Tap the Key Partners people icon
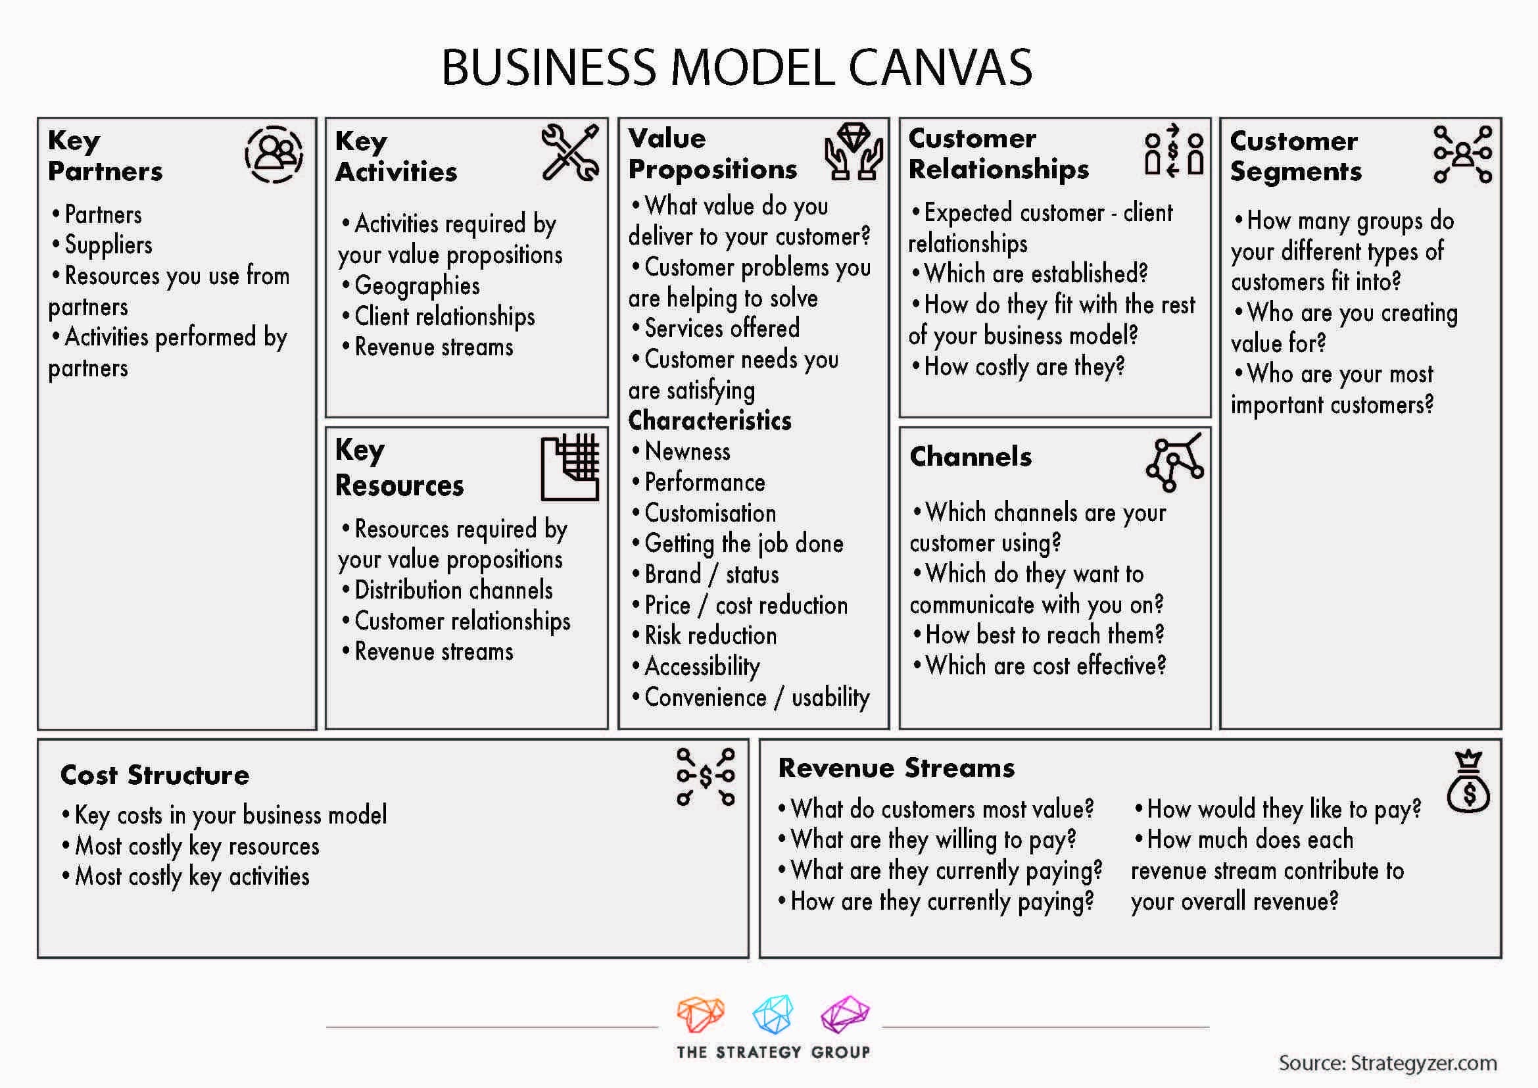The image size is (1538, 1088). pyautogui.click(x=274, y=154)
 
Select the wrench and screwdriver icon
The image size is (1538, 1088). pyautogui.click(x=571, y=153)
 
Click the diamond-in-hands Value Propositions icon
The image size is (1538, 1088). pyautogui.click(x=853, y=151)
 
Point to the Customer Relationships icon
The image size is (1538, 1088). pyautogui.click(x=1174, y=150)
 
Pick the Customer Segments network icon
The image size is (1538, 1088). pyautogui.click(x=1463, y=154)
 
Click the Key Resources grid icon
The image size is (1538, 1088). pyautogui.click(x=570, y=467)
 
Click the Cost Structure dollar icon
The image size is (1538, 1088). pyautogui.click(x=706, y=777)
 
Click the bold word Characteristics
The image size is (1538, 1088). pyautogui.click(x=710, y=421)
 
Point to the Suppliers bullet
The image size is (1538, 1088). pyautogui.click(x=103, y=245)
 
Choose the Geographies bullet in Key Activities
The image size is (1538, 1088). pyautogui.click(x=410, y=286)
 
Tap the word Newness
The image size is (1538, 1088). pyautogui.click(x=687, y=451)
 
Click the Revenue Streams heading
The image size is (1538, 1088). pyautogui.click(x=896, y=768)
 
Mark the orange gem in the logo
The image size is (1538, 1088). pyautogui.click(x=701, y=1014)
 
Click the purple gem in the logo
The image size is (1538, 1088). pyautogui.click(x=846, y=1014)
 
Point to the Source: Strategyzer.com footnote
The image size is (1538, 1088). pyautogui.click(x=1388, y=1063)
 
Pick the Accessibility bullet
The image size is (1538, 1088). pyautogui.click(x=696, y=666)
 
